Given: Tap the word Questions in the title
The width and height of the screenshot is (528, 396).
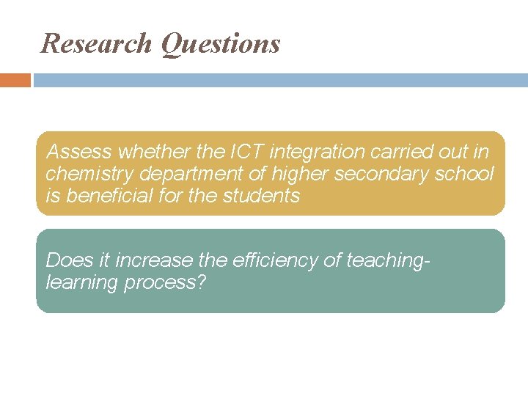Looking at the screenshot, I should [x=220, y=44].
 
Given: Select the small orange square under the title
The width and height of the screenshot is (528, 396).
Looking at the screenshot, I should [x=15, y=80].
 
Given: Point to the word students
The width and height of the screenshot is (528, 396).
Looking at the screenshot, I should [x=264, y=196].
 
